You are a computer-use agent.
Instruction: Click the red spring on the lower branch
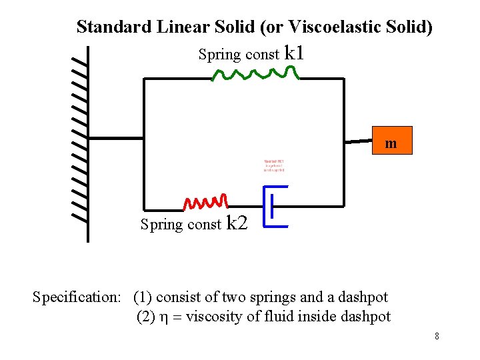pyautogui.click(x=207, y=201)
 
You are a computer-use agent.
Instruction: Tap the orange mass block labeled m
pyautogui.click(x=391, y=141)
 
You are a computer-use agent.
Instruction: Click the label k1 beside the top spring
pyautogui.click(x=294, y=53)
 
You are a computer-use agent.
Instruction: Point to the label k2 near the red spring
pyautogui.click(x=237, y=223)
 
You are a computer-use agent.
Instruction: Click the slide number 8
pyautogui.click(x=437, y=336)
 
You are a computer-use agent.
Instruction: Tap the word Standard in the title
pyautogui.click(x=113, y=27)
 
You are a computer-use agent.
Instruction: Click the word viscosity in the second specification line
pyautogui.click(x=214, y=317)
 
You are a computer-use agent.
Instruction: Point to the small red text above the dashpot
pyautogui.click(x=274, y=166)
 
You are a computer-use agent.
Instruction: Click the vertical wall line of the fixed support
pyautogui.click(x=88, y=143)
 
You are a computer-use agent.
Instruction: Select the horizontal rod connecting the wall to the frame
pyautogui.click(x=116, y=138)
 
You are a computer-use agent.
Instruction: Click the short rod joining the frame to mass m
pyautogui.click(x=357, y=141)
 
